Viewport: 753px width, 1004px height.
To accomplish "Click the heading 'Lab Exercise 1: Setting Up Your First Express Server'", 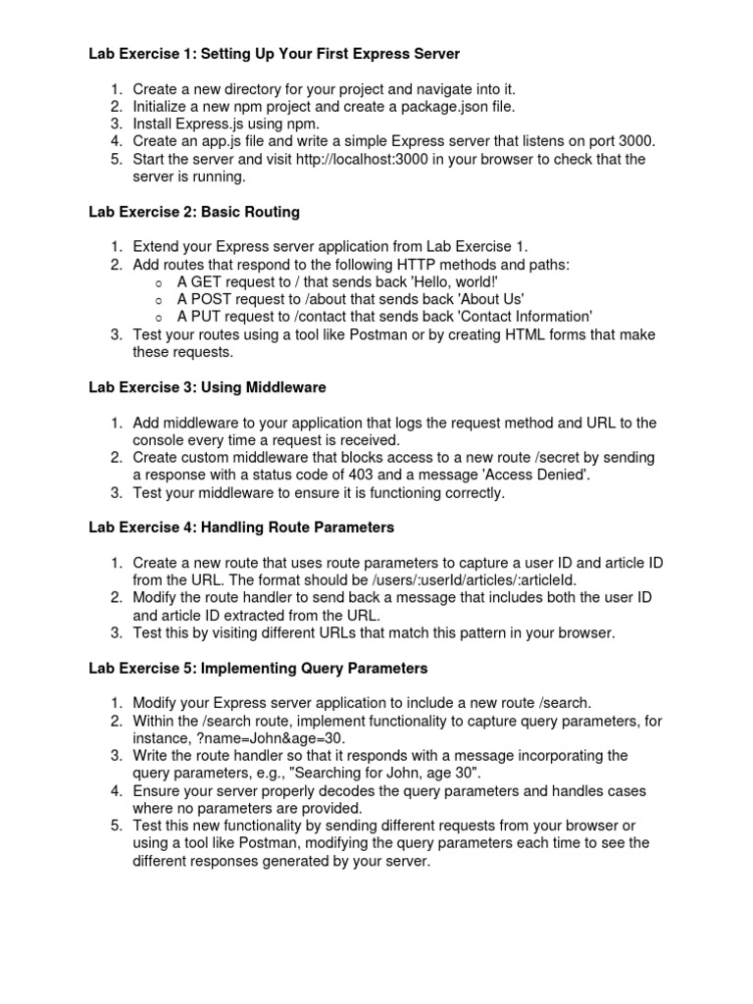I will (274, 52).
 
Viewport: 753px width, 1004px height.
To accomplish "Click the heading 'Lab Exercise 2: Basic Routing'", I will (194, 212).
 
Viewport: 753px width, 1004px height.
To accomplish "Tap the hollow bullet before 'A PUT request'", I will (158, 318).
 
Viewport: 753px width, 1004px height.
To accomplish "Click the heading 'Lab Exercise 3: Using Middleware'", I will (207, 387).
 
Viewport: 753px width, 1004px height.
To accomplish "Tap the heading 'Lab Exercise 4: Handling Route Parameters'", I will (241, 528).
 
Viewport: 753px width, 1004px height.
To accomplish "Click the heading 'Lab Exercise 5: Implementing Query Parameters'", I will (258, 669).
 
